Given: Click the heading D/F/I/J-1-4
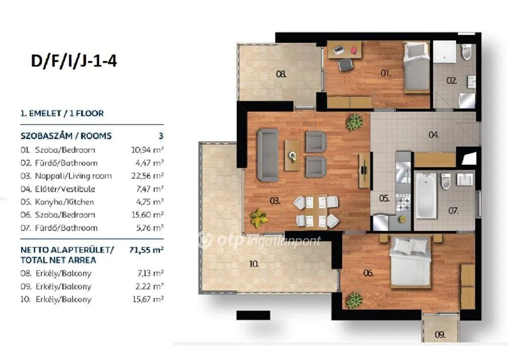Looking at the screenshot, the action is [74, 61].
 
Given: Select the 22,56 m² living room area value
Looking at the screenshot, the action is [147, 176].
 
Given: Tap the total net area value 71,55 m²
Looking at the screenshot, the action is [147, 250].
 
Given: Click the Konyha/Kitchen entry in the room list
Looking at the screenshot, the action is [64, 202].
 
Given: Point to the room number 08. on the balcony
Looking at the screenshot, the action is [281, 74].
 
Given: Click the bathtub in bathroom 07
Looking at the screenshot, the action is [426, 196].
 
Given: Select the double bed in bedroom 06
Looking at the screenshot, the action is [410, 262].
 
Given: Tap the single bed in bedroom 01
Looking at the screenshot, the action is [417, 67].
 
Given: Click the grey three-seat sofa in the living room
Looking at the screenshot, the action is [268, 155].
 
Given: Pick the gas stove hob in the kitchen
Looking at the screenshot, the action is [404, 202].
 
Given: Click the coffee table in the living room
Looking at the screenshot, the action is [292, 155].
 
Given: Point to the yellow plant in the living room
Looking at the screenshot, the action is [259, 218].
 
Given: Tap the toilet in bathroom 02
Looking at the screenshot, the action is [466, 52].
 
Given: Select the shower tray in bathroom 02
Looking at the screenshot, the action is [444, 52].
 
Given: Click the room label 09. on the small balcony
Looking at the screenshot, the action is [439, 335].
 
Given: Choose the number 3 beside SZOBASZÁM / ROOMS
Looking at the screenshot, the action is [161, 136].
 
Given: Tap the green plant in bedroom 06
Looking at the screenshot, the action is [354, 300].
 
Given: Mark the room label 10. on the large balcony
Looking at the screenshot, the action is [254, 264].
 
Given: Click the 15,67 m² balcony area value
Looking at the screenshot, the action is [148, 299].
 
